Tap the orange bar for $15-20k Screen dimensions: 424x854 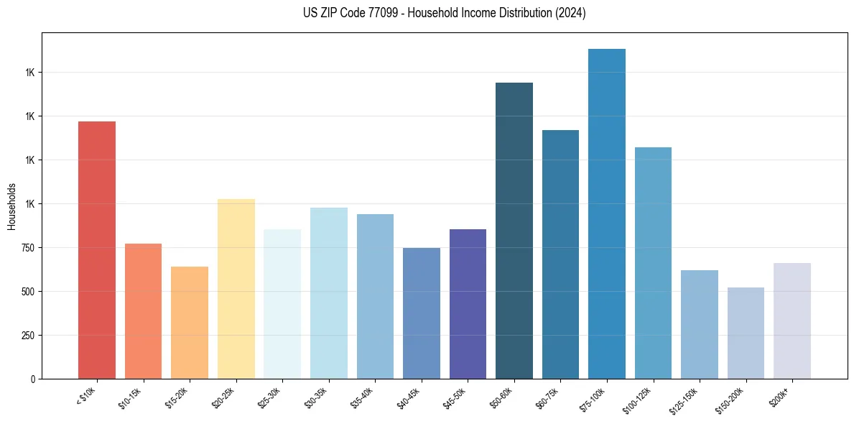[190, 323]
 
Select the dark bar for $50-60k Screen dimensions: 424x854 [514, 231]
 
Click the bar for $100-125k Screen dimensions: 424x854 [653, 263]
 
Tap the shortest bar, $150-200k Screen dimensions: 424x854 [746, 333]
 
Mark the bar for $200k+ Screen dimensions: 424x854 [792, 321]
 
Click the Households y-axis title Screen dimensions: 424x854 [11, 206]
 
